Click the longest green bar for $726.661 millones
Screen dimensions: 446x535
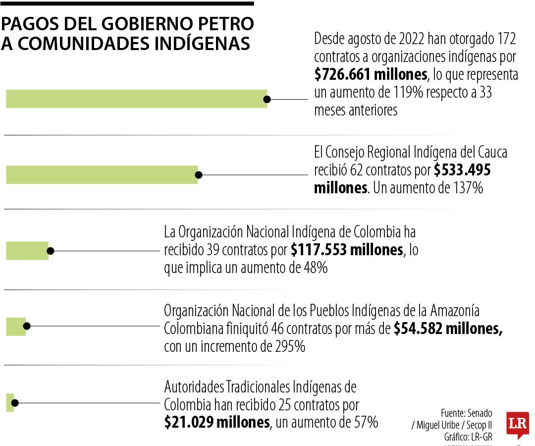click(x=136, y=99)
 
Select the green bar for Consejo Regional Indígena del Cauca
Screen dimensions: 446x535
click(x=102, y=175)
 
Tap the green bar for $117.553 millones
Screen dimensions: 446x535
click(x=27, y=251)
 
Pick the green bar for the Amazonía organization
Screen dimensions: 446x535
click(x=16, y=326)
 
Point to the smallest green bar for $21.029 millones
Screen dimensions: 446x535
click(x=10, y=402)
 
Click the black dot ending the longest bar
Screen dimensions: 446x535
click(x=267, y=99)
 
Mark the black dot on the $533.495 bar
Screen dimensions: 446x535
click(x=199, y=175)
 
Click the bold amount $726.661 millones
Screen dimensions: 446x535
click(x=371, y=74)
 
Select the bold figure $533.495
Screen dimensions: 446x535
click(x=462, y=170)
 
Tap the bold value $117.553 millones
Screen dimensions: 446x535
click(x=347, y=250)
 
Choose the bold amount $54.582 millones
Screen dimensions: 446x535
click(x=448, y=329)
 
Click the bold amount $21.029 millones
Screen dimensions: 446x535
click(x=217, y=422)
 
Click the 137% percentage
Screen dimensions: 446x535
click(x=467, y=188)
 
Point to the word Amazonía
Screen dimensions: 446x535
click(x=455, y=311)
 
